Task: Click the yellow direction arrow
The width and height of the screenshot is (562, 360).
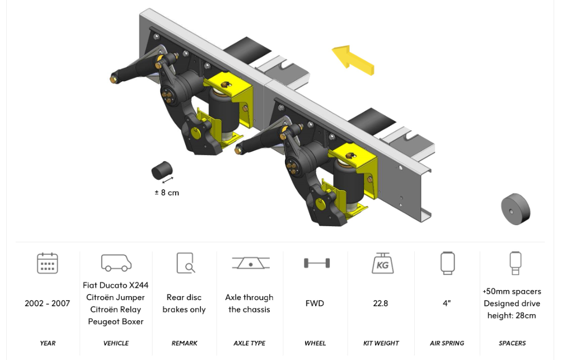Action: point(353,60)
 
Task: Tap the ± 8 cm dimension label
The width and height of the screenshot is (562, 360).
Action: point(167,193)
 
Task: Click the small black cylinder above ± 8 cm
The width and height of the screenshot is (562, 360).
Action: point(162,170)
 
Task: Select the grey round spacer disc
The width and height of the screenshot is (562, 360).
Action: point(516,209)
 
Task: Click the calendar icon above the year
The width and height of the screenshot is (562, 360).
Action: point(48,263)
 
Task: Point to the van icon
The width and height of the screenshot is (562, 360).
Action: point(116,263)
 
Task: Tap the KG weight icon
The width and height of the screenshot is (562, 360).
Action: point(382,263)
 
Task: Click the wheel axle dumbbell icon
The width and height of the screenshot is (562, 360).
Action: point(317,263)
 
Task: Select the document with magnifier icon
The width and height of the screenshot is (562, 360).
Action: point(186,263)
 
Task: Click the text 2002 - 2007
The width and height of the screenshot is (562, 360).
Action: point(48,303)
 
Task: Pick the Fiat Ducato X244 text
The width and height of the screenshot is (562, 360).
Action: point(115,285)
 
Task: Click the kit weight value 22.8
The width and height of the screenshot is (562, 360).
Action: point(381,303)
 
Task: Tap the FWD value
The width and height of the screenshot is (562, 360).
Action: point(315,303)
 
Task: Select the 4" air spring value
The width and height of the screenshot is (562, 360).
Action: point(447,303)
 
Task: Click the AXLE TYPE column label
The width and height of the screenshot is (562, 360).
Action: point(250,343)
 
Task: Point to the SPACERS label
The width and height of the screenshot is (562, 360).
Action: point(512,343)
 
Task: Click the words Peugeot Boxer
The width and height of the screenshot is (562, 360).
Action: point(116,321)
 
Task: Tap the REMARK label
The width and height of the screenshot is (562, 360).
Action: point(184,343)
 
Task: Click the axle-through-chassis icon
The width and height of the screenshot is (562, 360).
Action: point(251,263)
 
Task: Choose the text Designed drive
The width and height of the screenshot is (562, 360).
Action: point(512,303)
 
